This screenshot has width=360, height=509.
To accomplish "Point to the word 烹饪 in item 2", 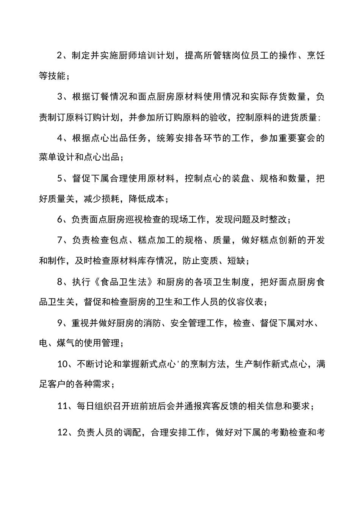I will click(316, 56).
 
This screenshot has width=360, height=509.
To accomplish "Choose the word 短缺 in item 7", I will click(237, 261).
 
